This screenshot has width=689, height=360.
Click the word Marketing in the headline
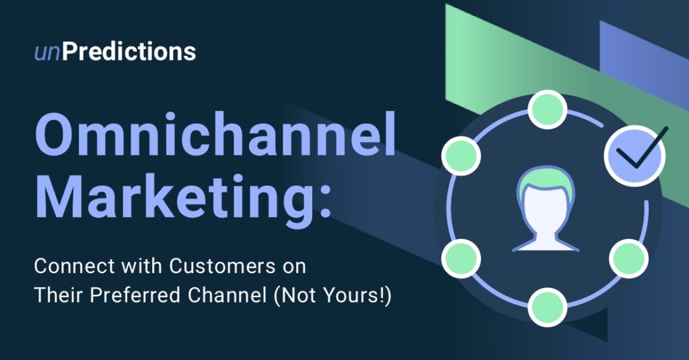(175, 195)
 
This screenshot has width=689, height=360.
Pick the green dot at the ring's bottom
(547, 307)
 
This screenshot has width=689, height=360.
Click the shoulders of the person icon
(546, 241)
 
